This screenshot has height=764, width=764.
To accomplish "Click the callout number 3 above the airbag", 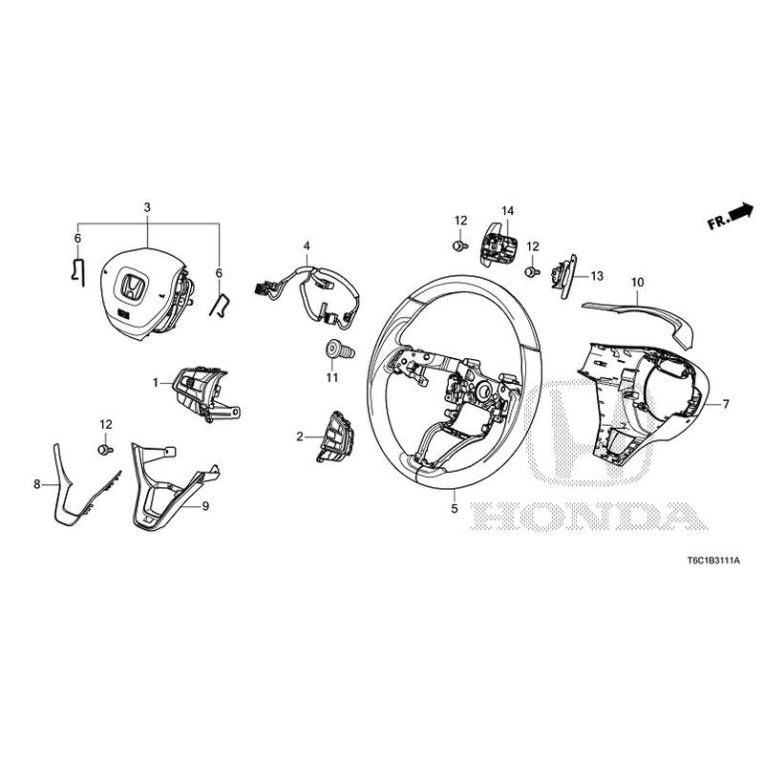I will [x=146, y=207].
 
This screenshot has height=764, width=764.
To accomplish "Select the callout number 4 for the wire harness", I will [x=306, y=246].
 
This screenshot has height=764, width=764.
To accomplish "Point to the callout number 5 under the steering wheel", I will [x=455, y=509].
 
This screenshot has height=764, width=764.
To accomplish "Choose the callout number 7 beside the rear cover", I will [x=725, y=404].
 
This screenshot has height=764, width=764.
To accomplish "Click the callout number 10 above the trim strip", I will [x=637, y=283].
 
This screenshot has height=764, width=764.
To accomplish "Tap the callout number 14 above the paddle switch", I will [x=507, y=210].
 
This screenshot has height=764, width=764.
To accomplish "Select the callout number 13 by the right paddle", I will [x=597, y=276].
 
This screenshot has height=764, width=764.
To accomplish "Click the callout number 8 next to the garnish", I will [x=37, y=484].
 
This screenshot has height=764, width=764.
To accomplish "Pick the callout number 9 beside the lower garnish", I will [x=204, y=508].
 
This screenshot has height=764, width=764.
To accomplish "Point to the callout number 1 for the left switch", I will [x=155, y=382].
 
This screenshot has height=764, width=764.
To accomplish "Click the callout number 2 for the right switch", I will [x=299, y=436].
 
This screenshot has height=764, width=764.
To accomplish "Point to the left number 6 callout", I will [x=77, y=238].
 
